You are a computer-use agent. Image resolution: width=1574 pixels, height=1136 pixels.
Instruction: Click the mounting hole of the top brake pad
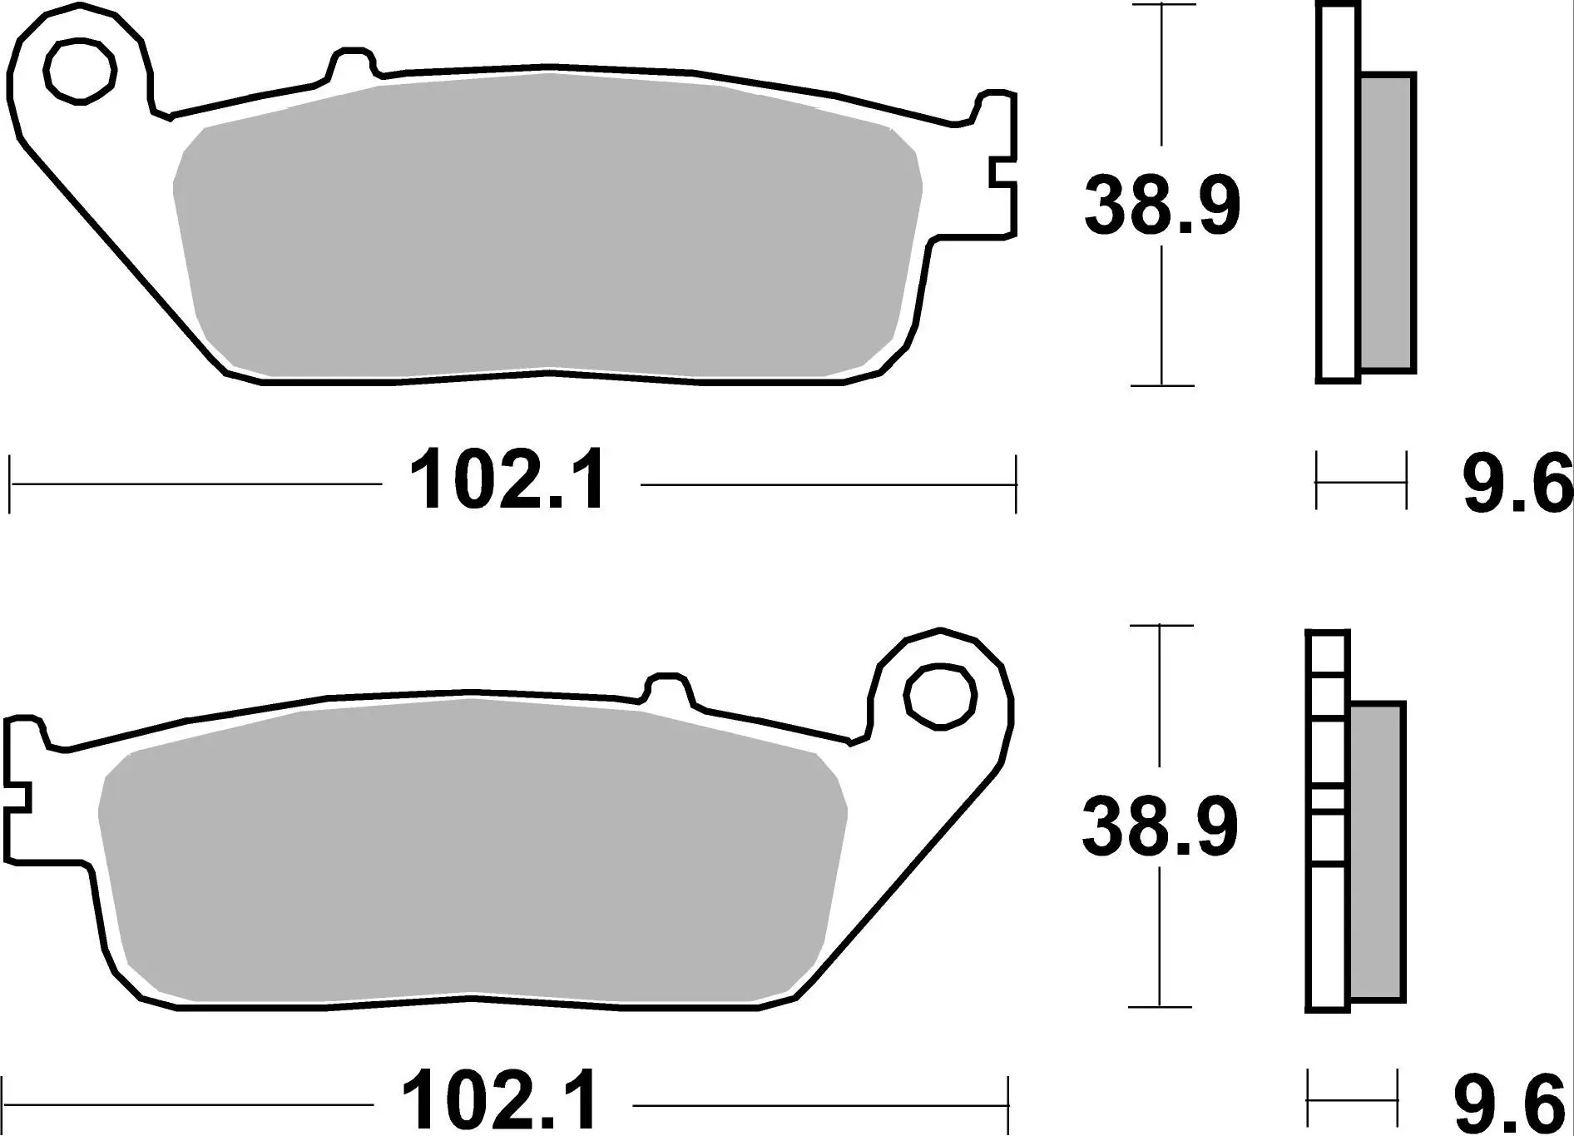81,71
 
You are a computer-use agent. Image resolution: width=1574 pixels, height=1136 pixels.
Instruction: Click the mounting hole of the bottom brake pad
940,697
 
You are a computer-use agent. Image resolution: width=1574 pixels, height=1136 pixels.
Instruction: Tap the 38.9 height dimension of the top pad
1161,206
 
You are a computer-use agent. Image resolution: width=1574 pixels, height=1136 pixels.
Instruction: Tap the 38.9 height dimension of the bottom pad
1160,826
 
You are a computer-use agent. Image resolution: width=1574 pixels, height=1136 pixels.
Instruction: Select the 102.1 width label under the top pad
509,482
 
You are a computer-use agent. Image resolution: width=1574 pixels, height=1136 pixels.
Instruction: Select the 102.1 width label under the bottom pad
501,1102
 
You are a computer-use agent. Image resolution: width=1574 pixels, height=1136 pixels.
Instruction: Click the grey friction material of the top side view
1387,222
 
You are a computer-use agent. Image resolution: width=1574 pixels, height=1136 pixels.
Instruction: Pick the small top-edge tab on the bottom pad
667,687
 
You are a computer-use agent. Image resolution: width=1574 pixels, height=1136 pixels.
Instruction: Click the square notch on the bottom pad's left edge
17,796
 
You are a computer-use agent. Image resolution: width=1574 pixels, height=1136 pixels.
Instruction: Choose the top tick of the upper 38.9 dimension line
1161,5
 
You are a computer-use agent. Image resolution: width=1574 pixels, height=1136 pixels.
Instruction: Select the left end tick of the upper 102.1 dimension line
9,483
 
